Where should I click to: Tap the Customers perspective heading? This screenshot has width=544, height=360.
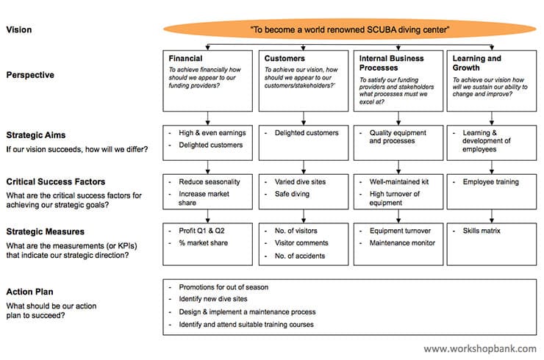(x=285, y=58)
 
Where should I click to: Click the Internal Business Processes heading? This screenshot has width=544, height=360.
(x=391, y=62)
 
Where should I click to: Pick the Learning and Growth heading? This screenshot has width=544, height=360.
(x=477, y=62)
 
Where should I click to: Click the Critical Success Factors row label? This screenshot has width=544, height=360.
(x=56, y=181)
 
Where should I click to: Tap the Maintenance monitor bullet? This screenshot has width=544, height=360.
(x=401, y=242)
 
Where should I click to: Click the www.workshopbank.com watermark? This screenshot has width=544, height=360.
(x=479, y=349)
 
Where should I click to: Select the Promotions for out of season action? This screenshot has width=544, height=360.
(x=223, y=287)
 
